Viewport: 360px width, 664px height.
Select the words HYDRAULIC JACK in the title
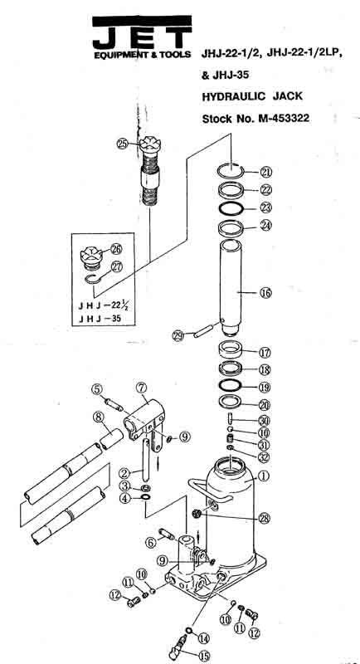(x=253, y=96)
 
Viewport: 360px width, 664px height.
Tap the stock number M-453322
(x=256, y=118)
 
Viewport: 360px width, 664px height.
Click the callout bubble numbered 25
(x=123, y=144)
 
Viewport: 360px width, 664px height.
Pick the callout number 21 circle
(x=265, y=172)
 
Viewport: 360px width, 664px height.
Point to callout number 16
(x=265, y=292)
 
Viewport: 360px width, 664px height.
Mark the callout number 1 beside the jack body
(x=265, y=476)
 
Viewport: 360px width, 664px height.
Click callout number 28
(x=265, y=519)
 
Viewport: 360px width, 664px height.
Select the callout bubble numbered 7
(x=141, y=387)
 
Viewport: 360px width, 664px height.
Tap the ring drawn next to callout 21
(x=232, y=170)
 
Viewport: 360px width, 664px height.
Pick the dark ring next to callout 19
(x=232, y=387)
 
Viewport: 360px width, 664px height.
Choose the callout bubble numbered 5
(x=97, y=389)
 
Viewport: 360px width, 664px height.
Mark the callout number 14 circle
(x=203, y=638)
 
